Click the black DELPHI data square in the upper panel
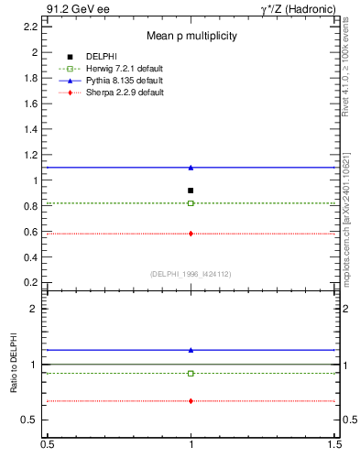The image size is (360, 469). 191,191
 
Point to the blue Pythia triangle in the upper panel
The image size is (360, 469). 191,168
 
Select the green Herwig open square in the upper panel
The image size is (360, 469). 191,203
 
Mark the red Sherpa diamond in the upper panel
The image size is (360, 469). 191,234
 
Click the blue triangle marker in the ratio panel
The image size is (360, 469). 191,350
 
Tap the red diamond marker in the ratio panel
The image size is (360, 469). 191,401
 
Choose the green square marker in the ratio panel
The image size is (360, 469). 191,373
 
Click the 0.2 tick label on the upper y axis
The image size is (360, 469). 31,283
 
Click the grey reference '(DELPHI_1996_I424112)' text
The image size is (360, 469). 191,273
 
